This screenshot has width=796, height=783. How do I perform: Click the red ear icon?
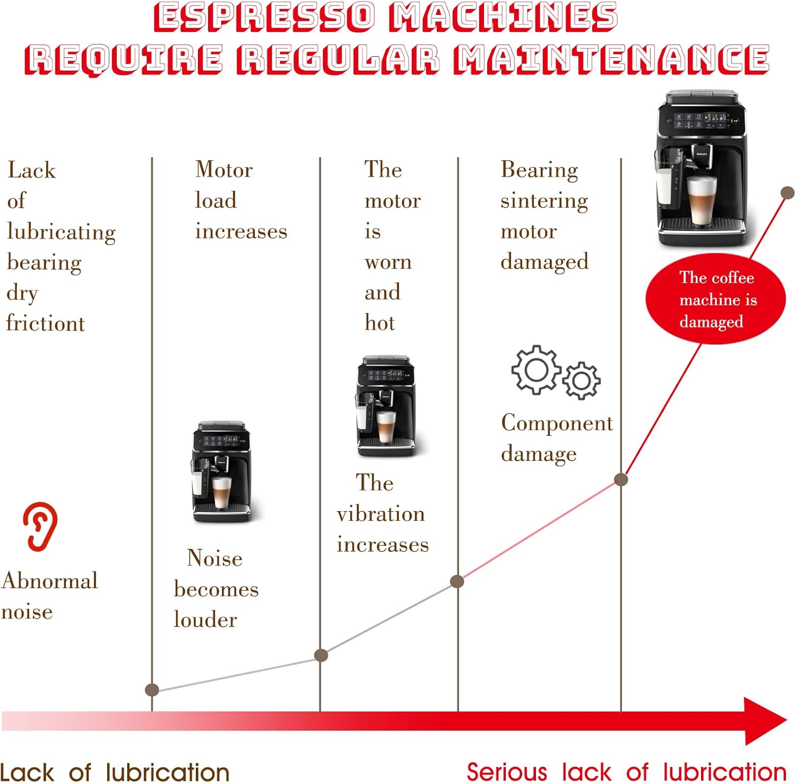[x=40, y=526]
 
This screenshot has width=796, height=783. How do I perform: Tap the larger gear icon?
[x=536, y=369]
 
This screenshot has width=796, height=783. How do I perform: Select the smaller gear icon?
[x=582, y=380]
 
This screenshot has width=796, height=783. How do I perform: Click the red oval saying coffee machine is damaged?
[x=715, y=299]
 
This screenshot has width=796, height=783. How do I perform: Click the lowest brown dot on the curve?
[x=152, y=690]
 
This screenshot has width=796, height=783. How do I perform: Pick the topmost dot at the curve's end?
[x=788, y=193]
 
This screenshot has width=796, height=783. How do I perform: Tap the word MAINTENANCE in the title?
[x=612, y=59]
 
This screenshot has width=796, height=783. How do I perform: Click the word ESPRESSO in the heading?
[x=264, y=16]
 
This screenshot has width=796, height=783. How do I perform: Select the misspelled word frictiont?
[x=46, y=323]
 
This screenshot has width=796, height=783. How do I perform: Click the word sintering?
[x=544, y=201]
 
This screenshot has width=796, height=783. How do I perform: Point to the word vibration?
[x=380, y=514]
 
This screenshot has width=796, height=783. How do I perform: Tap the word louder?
[x=205, y=619]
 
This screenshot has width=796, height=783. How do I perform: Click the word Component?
[x=557, y=423]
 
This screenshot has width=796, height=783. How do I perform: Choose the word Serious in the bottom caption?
[x=507, y=772]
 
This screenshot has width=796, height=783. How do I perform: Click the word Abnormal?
[x=50, y=581]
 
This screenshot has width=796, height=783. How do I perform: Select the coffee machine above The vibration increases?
[x=386, y=406]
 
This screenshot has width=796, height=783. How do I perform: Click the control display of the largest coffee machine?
[x=702, y=121]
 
